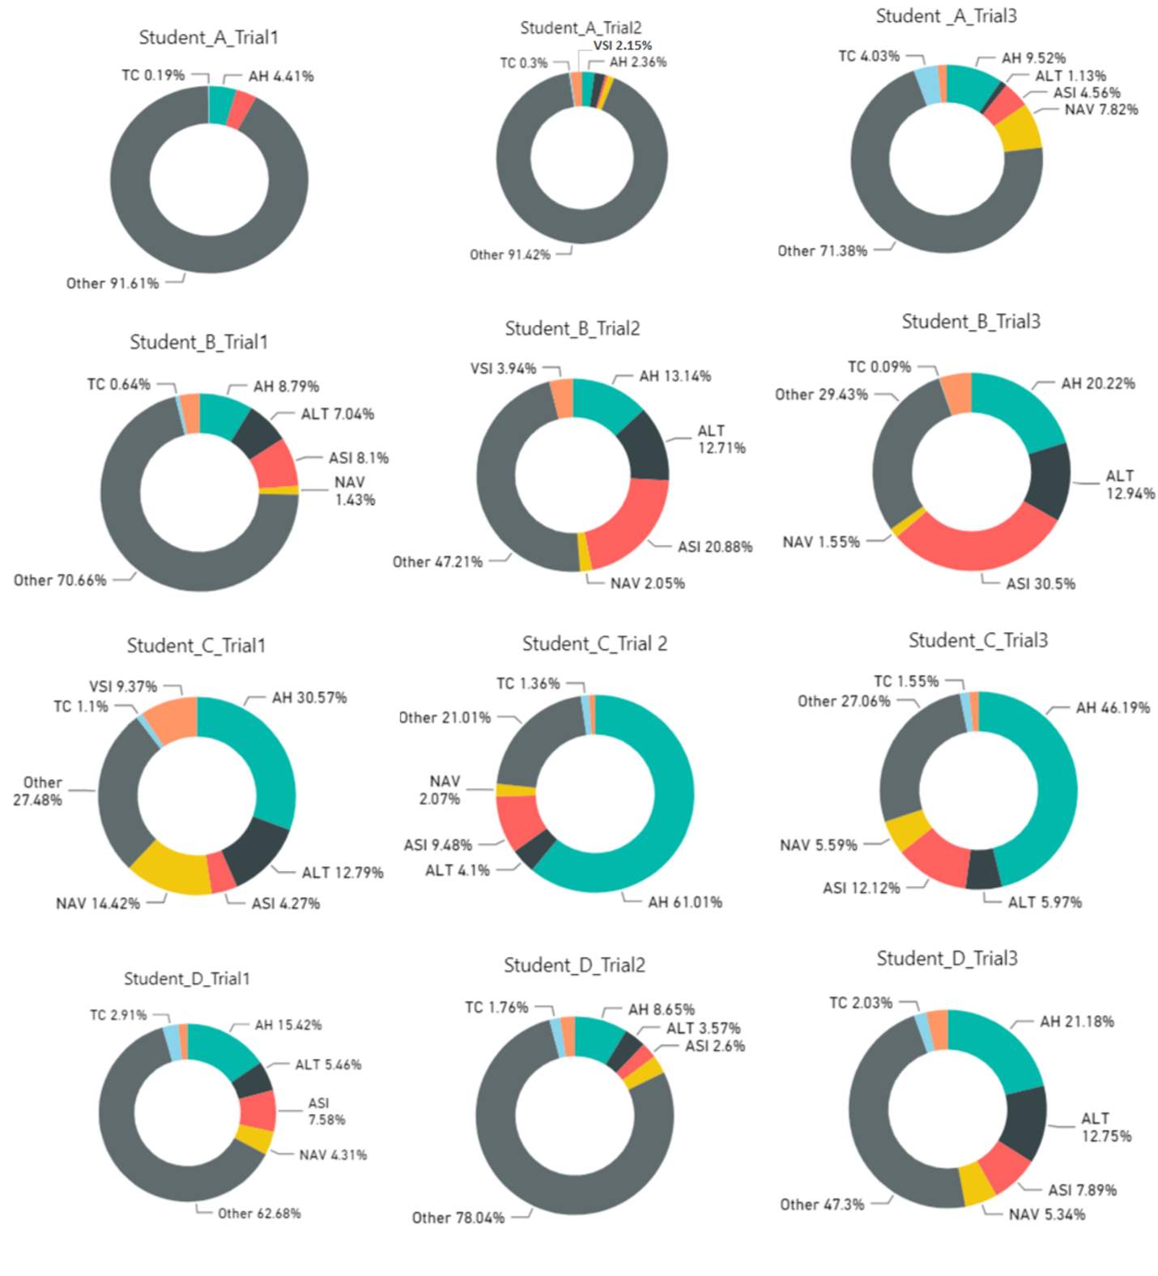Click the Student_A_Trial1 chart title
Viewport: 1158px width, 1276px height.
208,37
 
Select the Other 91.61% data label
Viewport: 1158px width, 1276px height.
113,284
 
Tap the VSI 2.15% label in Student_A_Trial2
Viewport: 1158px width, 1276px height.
623,45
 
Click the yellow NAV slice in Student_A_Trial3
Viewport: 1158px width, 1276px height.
1021,129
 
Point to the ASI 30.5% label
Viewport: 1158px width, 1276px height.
1041,584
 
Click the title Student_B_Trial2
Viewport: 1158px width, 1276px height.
573,328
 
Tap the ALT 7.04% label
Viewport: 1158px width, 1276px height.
338,414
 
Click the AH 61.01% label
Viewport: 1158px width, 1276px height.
685,903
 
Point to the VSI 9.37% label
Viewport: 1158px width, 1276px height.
123,687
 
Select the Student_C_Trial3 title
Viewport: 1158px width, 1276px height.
978,640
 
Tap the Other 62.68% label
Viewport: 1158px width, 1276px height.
259,1214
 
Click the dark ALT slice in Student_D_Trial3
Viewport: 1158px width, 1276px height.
1024,1122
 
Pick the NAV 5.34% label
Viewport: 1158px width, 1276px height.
1047,1214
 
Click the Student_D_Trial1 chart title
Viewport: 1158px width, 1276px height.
187,979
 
